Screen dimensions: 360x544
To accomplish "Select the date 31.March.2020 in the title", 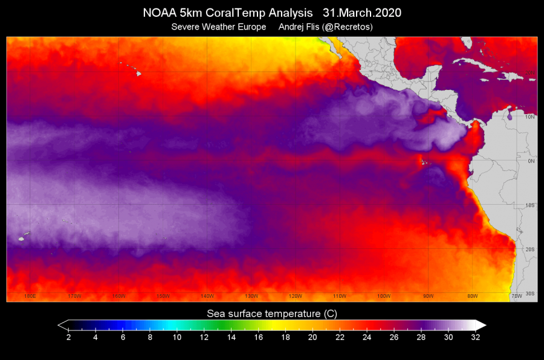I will [x=363, y=13].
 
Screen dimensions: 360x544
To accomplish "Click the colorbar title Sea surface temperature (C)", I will [x=272, y=313].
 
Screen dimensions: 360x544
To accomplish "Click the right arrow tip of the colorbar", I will [x=485, y=324].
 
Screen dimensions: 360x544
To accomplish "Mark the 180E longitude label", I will [x=30, y=296].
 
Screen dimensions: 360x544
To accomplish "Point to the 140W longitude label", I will [x=207, y=296].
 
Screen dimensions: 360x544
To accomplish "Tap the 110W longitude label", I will [x=340, y=296].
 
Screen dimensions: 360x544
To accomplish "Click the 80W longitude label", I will [x=473, y=296].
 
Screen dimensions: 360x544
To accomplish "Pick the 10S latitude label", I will [x=529, y=205].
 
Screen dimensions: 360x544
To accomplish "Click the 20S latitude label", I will [x=529, y=249].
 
